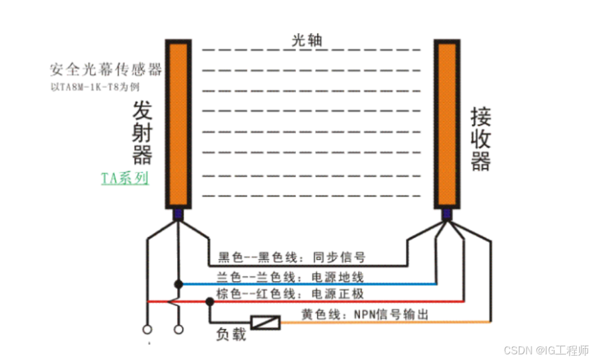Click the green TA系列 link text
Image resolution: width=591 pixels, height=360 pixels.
point(125,178)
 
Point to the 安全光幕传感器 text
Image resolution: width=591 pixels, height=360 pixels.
point(106,70)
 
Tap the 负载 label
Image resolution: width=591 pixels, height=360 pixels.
point(230,335)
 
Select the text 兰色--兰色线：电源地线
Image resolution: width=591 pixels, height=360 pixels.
point(290,277)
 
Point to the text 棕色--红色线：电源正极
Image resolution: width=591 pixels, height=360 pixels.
point(290,294)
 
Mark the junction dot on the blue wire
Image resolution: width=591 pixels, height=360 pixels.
point(178,284)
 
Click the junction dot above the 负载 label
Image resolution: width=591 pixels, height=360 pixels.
point(210,302)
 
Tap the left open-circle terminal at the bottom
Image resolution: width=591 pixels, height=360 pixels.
point(149,329)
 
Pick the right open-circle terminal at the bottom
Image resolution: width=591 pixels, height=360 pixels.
point(178,329)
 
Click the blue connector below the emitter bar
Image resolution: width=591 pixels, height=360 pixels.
point(178,214)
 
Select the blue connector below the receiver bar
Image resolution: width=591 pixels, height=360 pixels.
point(447,214)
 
